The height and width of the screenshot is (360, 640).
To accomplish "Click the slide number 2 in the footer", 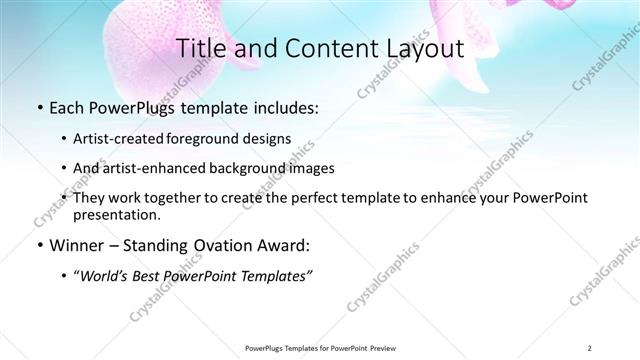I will [x=590, y=347].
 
